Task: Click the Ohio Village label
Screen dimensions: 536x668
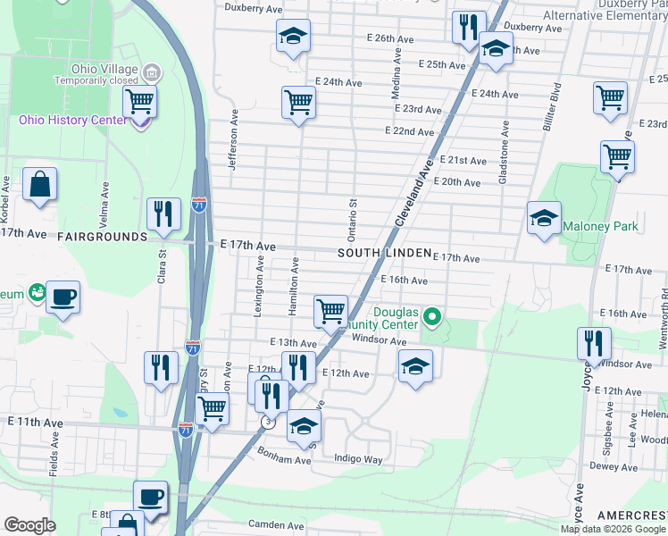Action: [x=105, y=70]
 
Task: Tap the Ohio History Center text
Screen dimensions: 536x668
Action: [x=73, y=121]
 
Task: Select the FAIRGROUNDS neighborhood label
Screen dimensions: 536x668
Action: [x=101, y=237]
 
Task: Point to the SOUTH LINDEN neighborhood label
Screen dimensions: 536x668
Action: [x=385, y=254]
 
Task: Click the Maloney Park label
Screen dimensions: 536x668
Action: [x=600, y=226]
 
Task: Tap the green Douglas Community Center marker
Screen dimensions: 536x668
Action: [x=433, y=316]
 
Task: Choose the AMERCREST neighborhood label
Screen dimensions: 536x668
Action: [x=631, y=515]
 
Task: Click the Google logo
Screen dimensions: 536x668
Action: [x=29, y=525]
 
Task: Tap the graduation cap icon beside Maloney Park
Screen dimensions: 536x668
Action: [x=544, y=218]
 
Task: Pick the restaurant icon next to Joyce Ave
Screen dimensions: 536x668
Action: [x=593, y=344]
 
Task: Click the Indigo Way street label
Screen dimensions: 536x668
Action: [x=358, y=459]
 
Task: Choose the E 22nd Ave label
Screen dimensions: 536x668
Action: [x=410, y=130]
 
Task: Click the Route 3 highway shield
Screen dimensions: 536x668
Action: [x=266, y=422]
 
